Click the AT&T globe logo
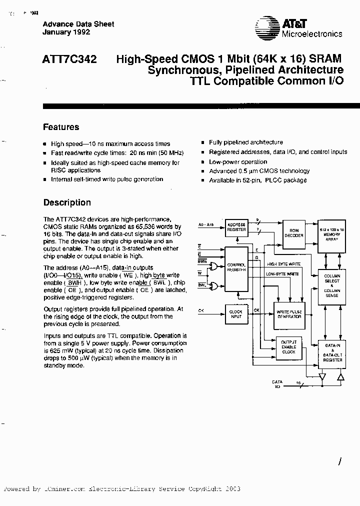click(264, 26)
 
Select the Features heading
click(61, 127)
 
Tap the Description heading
click(67, 202)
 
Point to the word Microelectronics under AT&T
click(312, 34)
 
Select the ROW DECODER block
click(294, 232)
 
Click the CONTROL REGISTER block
click(236, 266)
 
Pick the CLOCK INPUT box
click(236, 313)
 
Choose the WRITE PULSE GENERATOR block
click(289, 314)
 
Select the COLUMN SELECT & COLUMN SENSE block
click(332, 285)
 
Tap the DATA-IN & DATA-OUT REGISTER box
click(332, 353)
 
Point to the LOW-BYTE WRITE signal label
click(282, 274)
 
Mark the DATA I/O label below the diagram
click(277, 384)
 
